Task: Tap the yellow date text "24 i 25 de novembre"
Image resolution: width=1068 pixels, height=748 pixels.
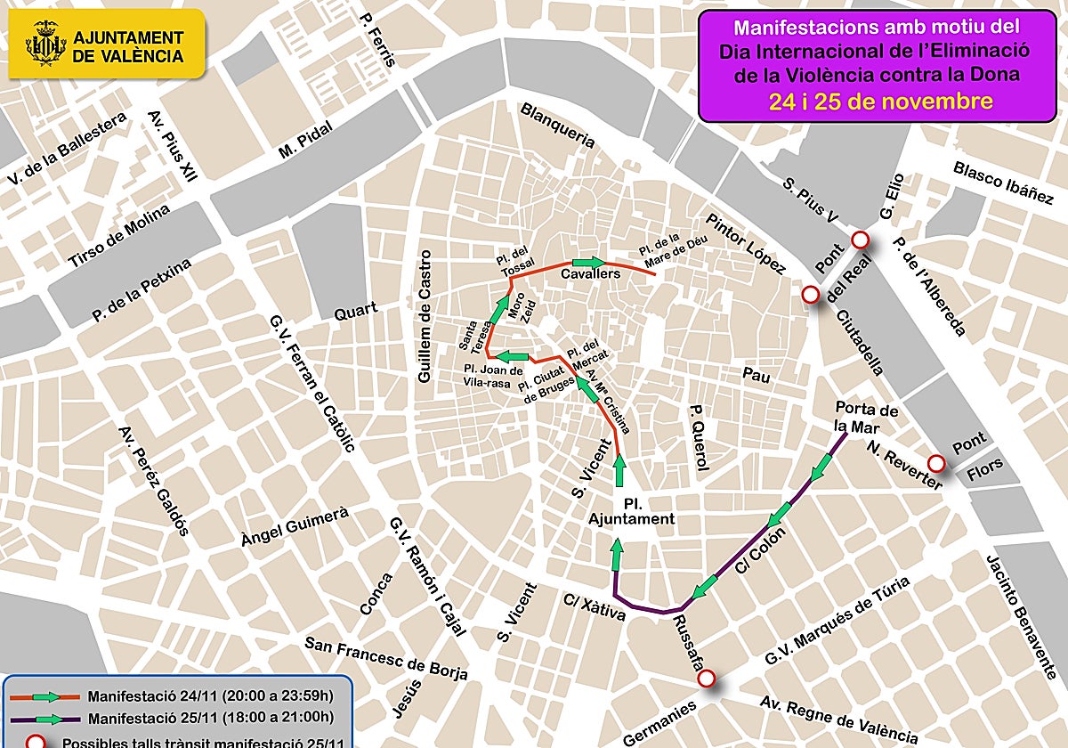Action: coord(880,102)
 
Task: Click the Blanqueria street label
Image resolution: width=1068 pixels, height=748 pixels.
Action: coord(557,126)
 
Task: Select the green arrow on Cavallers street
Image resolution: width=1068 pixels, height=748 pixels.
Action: coord(587,262)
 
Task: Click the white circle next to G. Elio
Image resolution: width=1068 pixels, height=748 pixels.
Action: coord(860,240)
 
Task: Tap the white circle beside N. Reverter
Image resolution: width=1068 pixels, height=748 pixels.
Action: coord(935,464)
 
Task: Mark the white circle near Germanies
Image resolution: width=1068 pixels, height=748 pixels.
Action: coord(707,679)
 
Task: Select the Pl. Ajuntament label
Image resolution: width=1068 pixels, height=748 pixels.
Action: coord(631,511)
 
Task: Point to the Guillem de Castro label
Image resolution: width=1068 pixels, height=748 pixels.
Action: coord(425,317)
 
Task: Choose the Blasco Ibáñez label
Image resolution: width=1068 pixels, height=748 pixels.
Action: coord(1002,183)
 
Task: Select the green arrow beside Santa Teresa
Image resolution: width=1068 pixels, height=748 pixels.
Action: coord(498,311)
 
